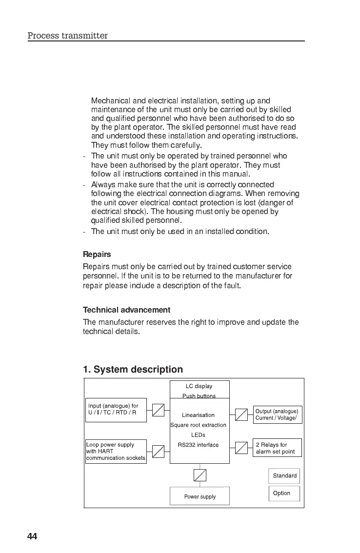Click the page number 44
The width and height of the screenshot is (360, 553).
[32, 536]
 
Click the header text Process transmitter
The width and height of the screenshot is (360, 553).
[67, 36]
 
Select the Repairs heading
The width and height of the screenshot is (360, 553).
[97, 255]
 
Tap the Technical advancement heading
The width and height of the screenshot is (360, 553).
[126, 310]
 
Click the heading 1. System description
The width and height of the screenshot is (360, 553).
[133, 370]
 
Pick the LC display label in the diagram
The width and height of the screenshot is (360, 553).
[199, 386]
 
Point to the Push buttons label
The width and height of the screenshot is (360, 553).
[199, 396]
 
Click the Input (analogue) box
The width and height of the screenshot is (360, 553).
[116, 410]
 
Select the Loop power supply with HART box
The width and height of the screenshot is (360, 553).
[116, 452]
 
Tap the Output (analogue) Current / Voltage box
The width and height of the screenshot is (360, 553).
[277, 415]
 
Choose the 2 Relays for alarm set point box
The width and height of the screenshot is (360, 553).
[278, 448]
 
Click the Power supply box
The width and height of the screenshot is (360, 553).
[200, 496]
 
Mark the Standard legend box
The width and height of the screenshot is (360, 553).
[284, 475]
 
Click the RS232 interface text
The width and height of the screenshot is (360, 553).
[198, 445]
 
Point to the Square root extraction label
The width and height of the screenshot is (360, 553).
[198, 425]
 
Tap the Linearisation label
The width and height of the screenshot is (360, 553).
[198, 415]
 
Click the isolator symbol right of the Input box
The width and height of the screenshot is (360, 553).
[158, 410]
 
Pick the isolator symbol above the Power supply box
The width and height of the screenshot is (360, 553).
[200, 475]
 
